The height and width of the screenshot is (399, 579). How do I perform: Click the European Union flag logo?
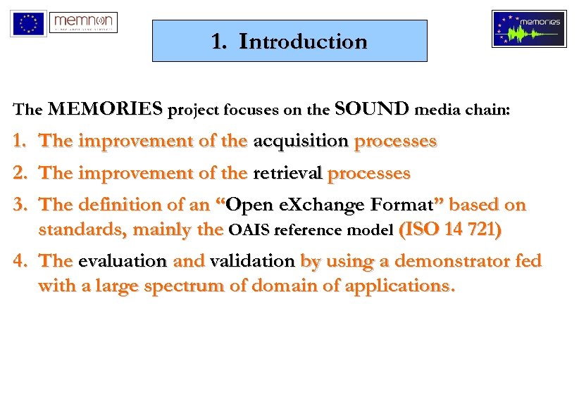pyautogui.click(x=28, y=23)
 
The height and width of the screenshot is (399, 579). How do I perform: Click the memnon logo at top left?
pyautogui.click(x=84, y=23)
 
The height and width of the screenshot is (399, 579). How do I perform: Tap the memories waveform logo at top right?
pyautogui.click(x=529, y=29)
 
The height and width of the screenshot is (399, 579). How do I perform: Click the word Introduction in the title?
pyautogui.click(x=303, y=42)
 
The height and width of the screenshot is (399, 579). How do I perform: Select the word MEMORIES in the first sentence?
pyautogui.click(x=104, y=109)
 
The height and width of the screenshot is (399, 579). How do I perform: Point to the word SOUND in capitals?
pyautogui.click(x=373, y=109)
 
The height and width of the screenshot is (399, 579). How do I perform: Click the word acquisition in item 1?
pyautogui.click(x=301, y=141)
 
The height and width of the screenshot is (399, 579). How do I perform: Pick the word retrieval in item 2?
pyautogui.click(x=287, y=172)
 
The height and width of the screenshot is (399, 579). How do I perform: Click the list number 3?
pyautogui.click(x=21, y=205)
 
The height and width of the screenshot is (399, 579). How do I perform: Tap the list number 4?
pyautogui.click(x=21, y=261)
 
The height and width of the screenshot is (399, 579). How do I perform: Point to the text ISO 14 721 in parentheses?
pyautogui.click(x=450, y=229)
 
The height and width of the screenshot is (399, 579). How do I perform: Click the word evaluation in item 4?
pyautogui.click(x=123, y=261)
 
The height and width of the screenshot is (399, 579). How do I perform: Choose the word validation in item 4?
pyautogui.click(x=252, y=261)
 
